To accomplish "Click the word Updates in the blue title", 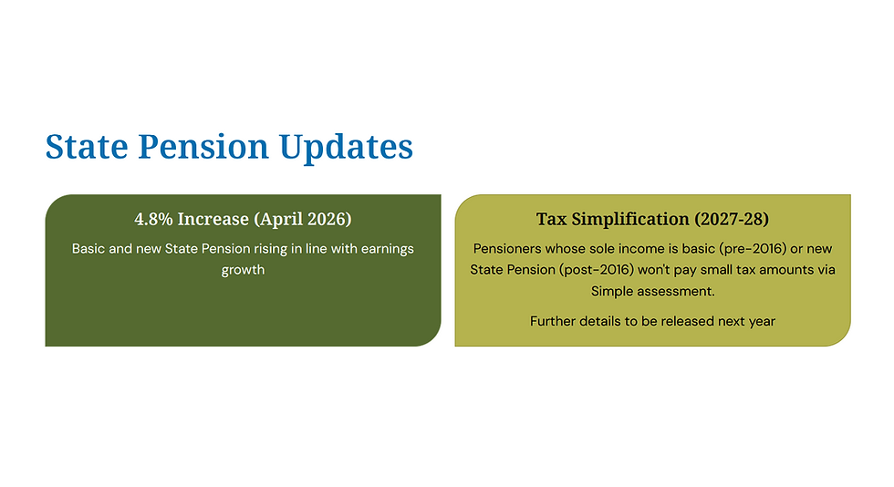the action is [346, 147].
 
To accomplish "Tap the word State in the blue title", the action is [87, 147].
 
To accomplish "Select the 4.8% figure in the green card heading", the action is [153, 219].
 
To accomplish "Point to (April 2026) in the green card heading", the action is [303, 220].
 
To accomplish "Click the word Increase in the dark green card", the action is [213, 219].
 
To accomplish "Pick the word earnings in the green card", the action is [387, 249].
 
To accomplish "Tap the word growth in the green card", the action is [243, 270].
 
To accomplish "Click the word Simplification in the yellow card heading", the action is [630, 220].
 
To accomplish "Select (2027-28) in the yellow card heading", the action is [732, 220].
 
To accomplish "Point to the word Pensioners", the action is [509, 249].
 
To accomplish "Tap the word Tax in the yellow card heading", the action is [551, 219].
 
